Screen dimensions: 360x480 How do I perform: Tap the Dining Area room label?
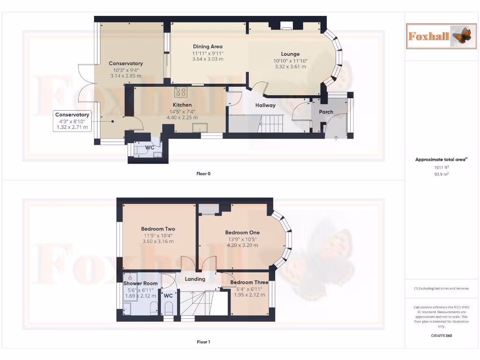click(x=208, y=46)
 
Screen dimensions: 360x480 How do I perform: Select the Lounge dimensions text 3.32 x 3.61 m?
click(x=291, y=67)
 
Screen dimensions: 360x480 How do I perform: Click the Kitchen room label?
click(x=182, y=105)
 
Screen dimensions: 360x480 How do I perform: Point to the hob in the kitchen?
click(x=181, y=91)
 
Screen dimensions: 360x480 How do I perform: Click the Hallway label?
click(x=265, y=105)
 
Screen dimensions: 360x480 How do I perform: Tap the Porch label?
click(x=326, y=112)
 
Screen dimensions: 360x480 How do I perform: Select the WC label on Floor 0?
click(x=150, y=148)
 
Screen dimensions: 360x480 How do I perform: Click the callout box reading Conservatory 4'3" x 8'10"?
click(x=72, y=121)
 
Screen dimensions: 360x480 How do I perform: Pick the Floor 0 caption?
click(x=203, y=173)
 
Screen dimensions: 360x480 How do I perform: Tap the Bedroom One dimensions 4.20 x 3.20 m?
click(x=242, y=245)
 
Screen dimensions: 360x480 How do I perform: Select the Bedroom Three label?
click(x=249, y=282)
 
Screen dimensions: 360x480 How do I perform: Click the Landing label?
click(x=195, y=279)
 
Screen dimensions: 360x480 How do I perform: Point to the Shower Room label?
click(x=141, y=284)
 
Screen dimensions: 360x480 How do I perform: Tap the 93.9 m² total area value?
click(x=441, y=174)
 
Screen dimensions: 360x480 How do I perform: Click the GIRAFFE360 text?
click(x=441, y=336)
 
